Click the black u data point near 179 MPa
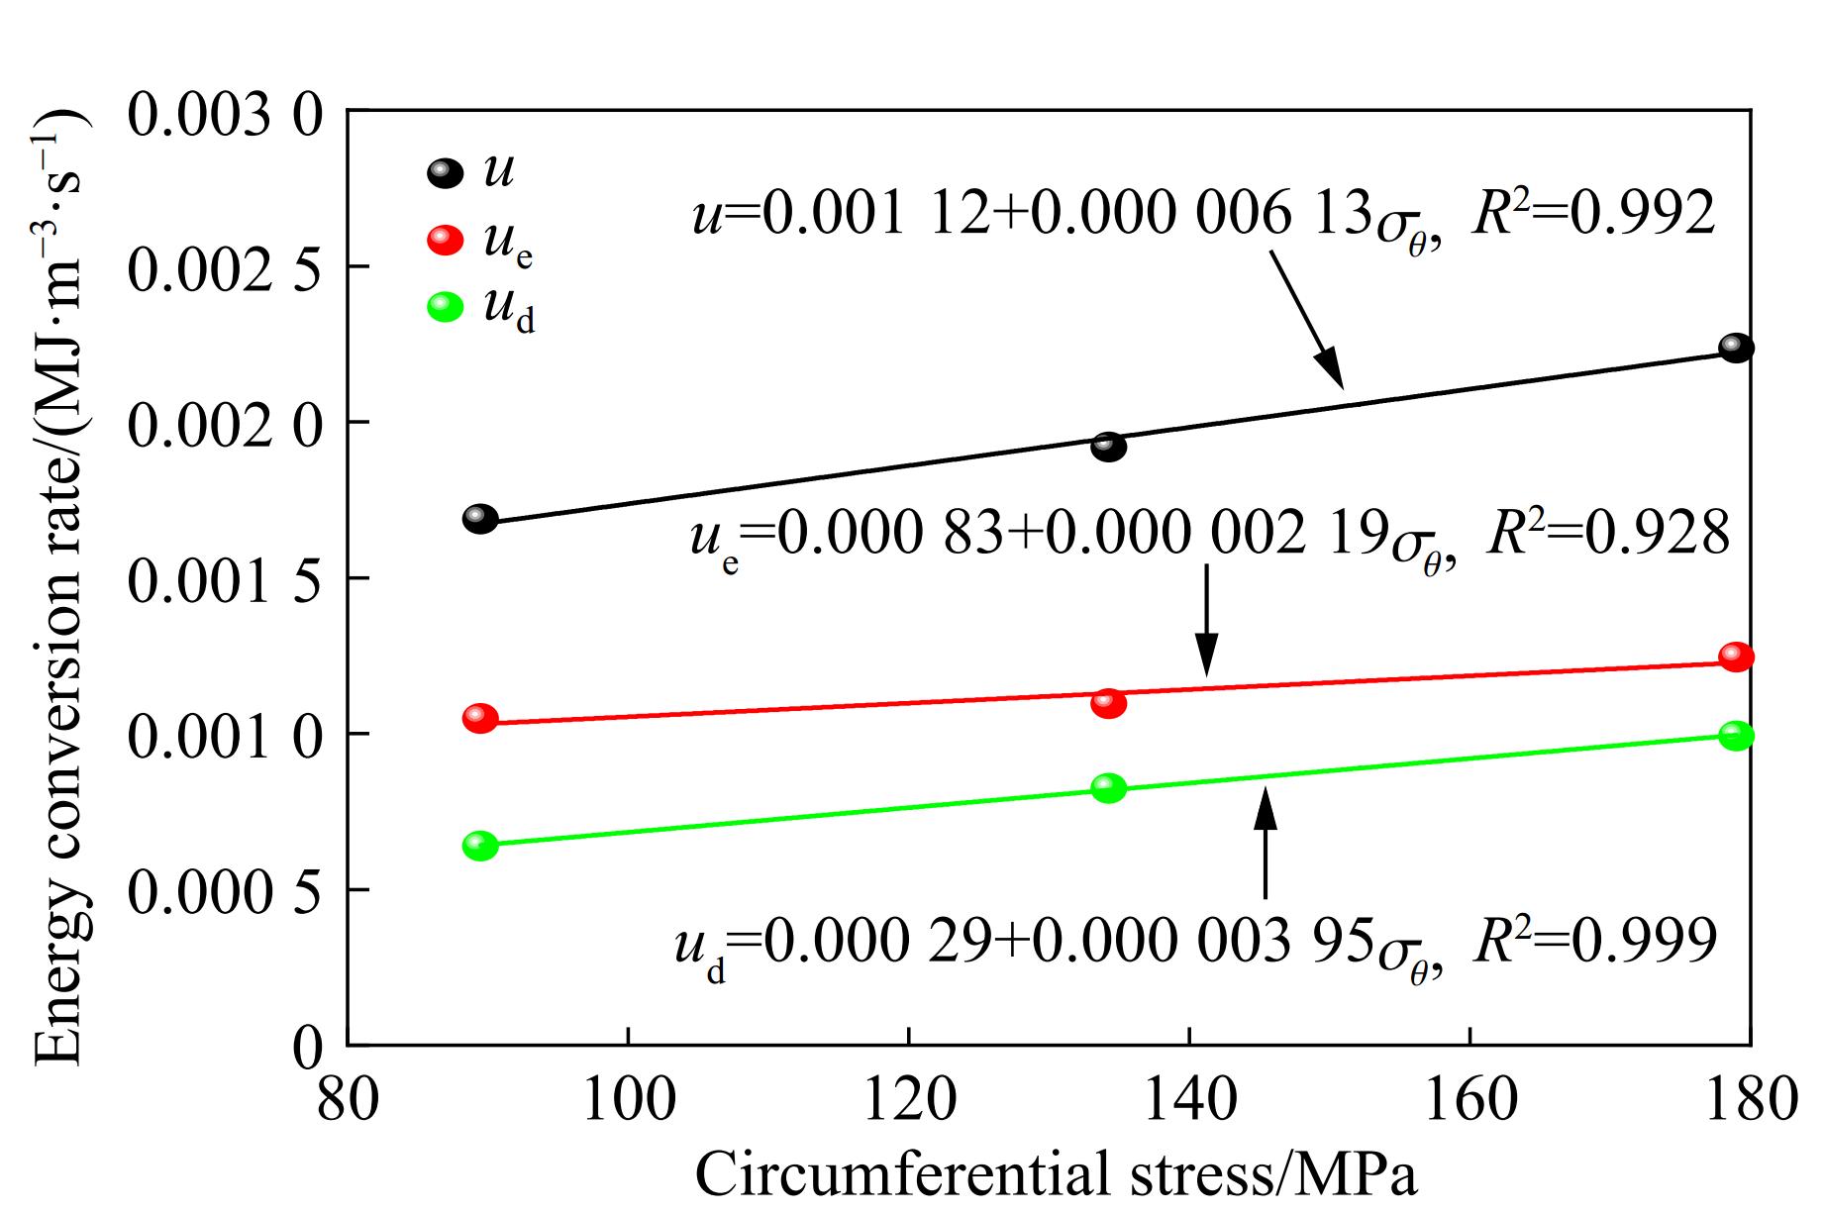1736,348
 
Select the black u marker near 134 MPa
1109,447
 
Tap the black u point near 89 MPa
480,519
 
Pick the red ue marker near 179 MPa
1736,657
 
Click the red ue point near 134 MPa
1109,703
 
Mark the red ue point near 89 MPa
480,718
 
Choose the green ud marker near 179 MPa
1736,736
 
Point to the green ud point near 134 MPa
1109,788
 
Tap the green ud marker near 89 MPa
480,846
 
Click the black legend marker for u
445,173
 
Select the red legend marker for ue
445,240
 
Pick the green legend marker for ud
445,307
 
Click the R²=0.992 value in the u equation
1593,213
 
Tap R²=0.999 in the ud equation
1594,941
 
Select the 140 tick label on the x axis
1189,1099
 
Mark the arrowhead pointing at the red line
1206,658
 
